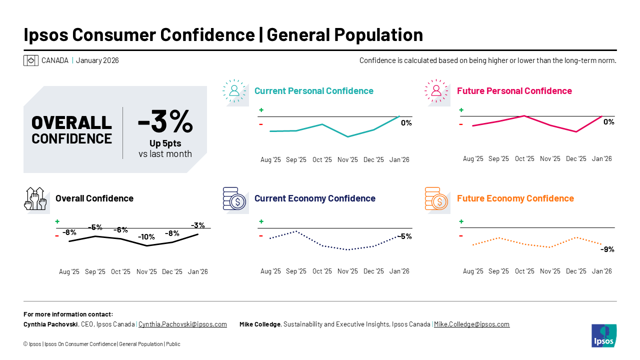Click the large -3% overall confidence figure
pos(165,121)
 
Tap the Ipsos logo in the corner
pos(603,335)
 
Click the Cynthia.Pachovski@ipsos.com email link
pos(182,324)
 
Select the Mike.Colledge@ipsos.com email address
pos(471,324)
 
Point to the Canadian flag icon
pos(31,60)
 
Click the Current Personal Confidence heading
pos(313,91)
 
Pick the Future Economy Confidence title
pos(515,198)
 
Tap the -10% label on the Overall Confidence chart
pos(146,237)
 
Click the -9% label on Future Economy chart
pos(607,249)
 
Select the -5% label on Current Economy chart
pos(404,236)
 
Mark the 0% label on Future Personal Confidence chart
pos(608,122)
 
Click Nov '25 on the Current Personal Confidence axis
pos(347,160)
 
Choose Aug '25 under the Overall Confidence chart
pos(69,272)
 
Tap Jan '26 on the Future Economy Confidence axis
pos(601,271)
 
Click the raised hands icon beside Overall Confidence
pos(35,198)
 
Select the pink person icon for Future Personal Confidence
pos(436,90)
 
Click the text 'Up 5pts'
pos(165,143)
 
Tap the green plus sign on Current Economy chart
pos(261,221)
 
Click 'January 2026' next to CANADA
pos(97,60)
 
